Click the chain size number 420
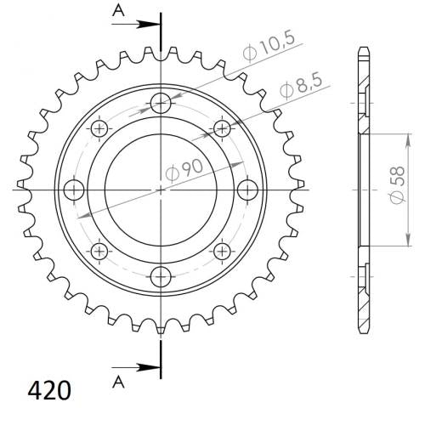pyautogui.click(x=49, y=390)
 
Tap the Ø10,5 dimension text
pyautogui.click(x=269, y=48)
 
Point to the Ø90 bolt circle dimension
pyautogui.click(x=184, y=170)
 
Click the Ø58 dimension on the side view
pyautogui.click(x=397, y=184)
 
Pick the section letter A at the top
pyautogui.click(x=118, y=11)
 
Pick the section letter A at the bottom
pyautogui.click(x=118, y=382)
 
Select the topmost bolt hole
pyautogui.click(x=161, y=103)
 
